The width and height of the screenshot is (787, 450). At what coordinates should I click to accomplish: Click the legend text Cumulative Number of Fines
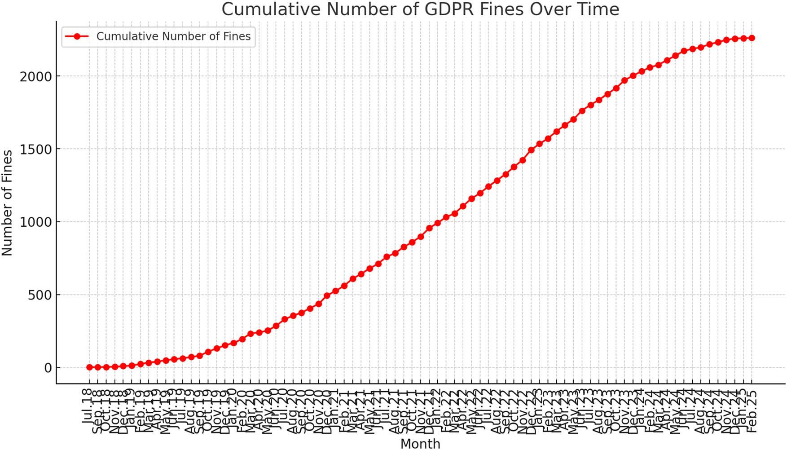point(173,36)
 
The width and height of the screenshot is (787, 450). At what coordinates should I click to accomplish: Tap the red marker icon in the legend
point(77,36)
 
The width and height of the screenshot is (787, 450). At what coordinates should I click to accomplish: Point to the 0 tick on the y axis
point(48,368)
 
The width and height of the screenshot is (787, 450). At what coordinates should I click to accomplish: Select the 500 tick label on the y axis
point(40,295)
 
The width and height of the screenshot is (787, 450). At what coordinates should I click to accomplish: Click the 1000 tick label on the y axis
point(36,222)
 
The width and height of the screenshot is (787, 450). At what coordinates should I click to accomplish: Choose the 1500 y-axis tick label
point(36,149)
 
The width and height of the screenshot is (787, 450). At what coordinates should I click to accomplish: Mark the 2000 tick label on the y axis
point(36,76)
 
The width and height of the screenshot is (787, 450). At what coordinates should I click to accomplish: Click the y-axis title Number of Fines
point(7,203)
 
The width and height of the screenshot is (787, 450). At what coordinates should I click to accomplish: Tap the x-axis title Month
point(420,443)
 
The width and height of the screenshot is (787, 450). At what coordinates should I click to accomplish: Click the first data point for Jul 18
point(89,367)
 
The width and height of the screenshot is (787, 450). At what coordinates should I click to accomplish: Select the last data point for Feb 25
point(752,38)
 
